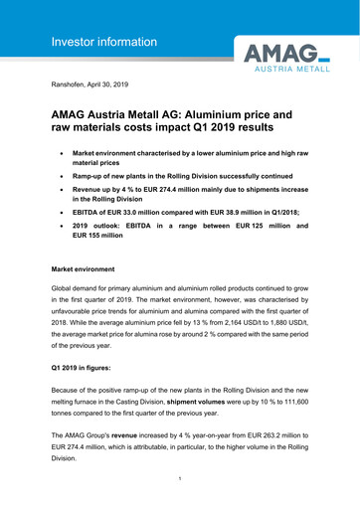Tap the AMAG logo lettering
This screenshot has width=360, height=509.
click(269, 53)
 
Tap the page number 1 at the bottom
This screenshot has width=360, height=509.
click(180, 479)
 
